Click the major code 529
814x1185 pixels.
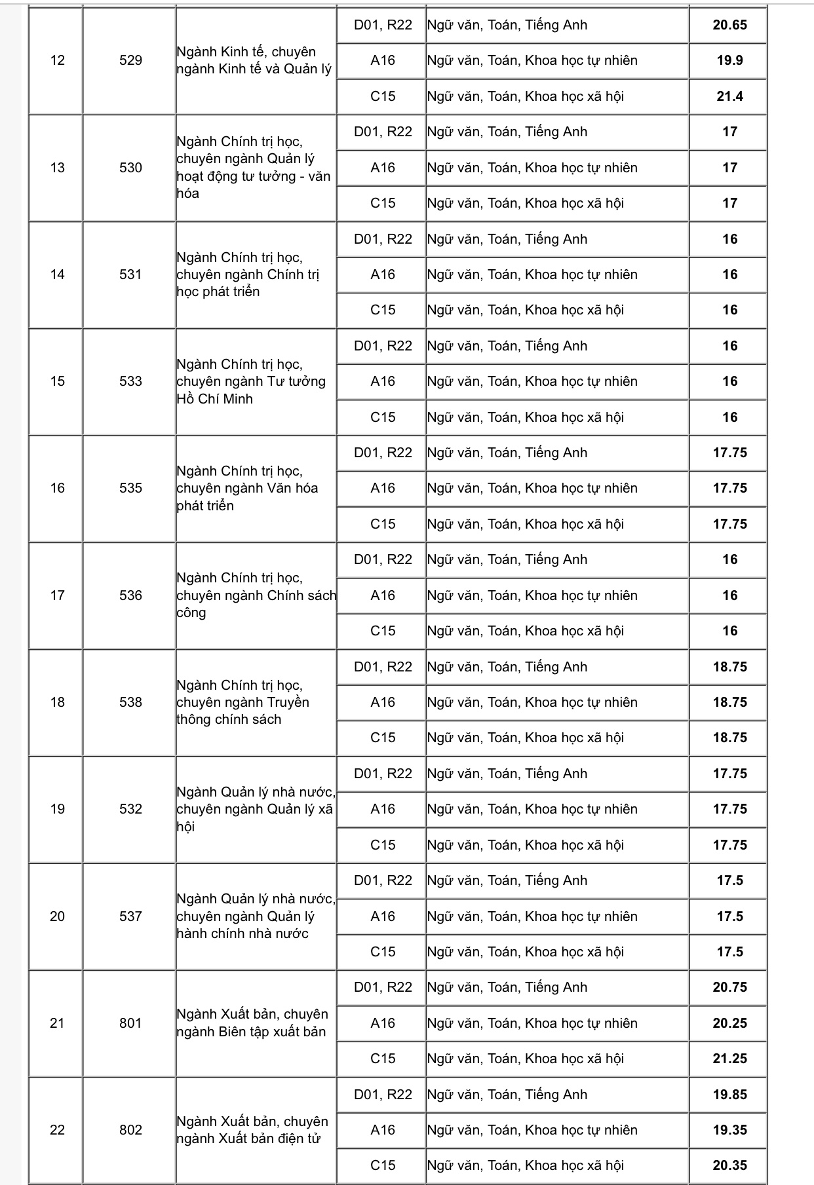coord(130,60)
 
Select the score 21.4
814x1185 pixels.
coord(729,96)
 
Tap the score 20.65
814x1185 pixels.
coord(729,25)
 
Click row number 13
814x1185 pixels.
coord(57,168)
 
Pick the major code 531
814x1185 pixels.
coord(130,274)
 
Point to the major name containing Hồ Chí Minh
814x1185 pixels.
coord(251,381)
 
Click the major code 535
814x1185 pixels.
coord(130,488)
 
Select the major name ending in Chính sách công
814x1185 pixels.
coord(256,595)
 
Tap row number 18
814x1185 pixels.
coord(57,702)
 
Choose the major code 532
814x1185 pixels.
coord(130,809)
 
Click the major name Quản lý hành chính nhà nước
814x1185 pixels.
coord(256,916)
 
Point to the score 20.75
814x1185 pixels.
coord(729,987)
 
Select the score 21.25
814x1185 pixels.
coord(729,1059)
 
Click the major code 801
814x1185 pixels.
coord(130,1023)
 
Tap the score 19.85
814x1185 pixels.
coord(729,1095)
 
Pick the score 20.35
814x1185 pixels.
coord(729,1165)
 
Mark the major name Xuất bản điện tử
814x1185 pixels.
coord(252,1130)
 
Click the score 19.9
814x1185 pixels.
coord(729,60)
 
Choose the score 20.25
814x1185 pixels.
coord(729,1023)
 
